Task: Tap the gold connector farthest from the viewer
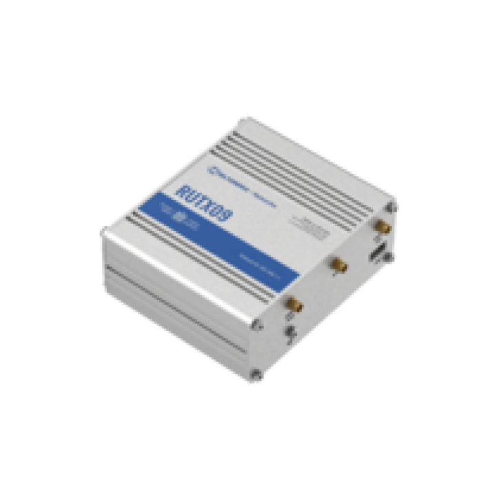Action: [x=380, y=226]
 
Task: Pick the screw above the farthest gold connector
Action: [x=393, y=206]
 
